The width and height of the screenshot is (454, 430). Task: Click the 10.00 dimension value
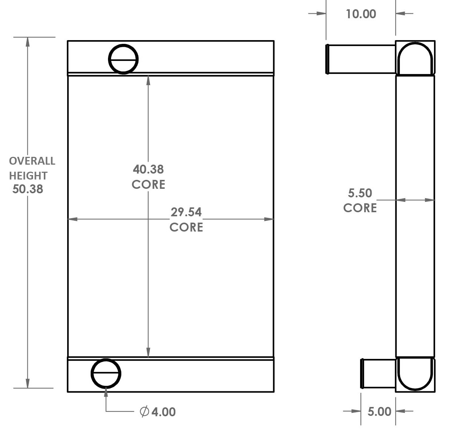[361, 14]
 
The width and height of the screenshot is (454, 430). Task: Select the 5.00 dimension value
[379, 411]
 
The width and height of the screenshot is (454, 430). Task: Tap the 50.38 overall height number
[28, 189]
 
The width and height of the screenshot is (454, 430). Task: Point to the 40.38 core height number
[148, 169]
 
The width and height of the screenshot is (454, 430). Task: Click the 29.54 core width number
[186, 212]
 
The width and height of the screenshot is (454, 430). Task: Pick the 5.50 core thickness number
[360, 193]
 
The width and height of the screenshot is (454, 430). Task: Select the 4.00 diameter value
[163, 412]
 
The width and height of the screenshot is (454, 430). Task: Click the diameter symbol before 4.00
[144, 411]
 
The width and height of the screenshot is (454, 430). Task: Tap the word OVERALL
[32, 161]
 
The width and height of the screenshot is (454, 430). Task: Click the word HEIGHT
[28, 175]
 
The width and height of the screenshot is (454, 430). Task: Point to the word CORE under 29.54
[186, 227]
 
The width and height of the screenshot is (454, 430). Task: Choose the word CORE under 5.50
[360, 208]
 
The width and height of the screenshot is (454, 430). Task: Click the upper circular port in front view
[123, 59]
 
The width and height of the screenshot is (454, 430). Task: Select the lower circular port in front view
[106, 374]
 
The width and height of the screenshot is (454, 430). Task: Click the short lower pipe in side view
[378, 374]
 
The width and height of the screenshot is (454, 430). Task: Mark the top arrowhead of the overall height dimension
[27, 42]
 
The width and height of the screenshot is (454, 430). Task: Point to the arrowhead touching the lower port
[106, 392]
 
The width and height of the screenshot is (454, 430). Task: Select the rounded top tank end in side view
[415, 58]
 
